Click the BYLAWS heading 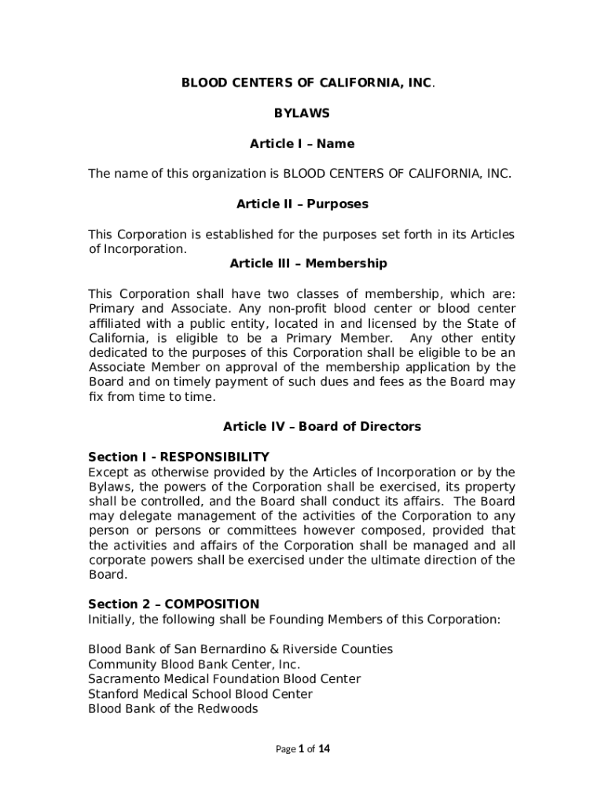click(x=302, y=113)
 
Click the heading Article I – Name click(x=302, y=144)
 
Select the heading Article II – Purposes click(x=302, y=204)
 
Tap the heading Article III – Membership click(x=308, y=263)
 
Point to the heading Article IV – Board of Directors click(x=322, y=427)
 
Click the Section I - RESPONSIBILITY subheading click(x=178, y=457)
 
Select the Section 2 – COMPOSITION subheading click(x=173, y=605)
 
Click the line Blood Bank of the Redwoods click(x=173, y=709)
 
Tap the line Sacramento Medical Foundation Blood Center click(x=224, y=679)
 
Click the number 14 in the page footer click(x=324, y=749)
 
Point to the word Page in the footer click(x=284, y=749)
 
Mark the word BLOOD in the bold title click(x=200, y=83)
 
